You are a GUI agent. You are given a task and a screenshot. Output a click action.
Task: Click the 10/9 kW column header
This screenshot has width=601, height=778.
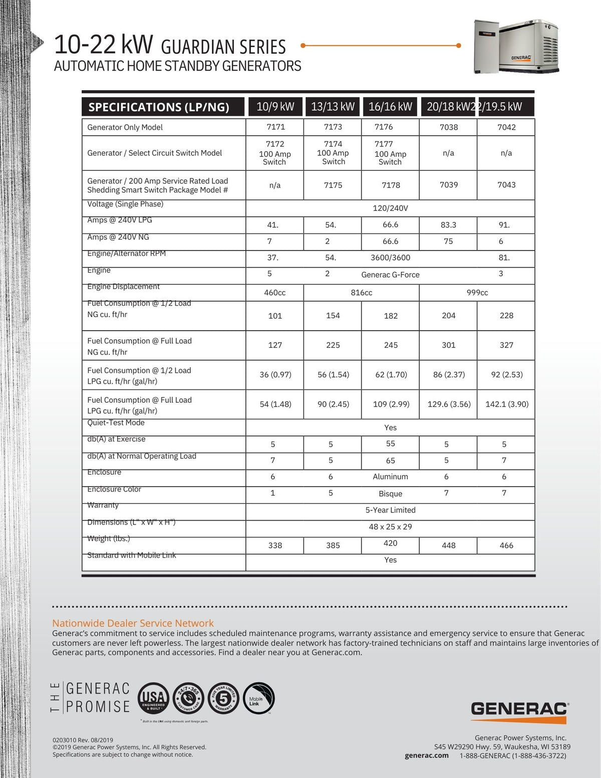coord(275,107)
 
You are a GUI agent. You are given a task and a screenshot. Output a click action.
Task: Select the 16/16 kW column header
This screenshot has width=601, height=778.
coord(390,107)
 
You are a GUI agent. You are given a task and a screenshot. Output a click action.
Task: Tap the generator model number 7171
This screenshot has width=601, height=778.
coord(275,127)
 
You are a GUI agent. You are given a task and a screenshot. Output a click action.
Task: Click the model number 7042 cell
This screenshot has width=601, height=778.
coord(506,127)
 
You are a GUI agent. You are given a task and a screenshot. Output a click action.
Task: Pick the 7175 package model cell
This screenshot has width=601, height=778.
coord(333,185)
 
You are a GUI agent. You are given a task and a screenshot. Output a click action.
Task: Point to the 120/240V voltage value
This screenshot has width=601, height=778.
coord(390,208)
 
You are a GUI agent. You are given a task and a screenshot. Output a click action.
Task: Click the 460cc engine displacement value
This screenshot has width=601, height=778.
coord(274,293)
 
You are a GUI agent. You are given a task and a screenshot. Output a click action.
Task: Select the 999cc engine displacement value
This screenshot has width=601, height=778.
coord(477,293)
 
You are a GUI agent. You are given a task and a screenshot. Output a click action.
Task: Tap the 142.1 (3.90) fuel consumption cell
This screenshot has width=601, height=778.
coord(506,404)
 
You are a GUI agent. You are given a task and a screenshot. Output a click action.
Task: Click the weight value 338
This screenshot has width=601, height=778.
coord(275,546)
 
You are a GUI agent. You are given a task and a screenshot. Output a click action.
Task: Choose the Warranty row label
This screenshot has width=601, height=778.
coord(103,505)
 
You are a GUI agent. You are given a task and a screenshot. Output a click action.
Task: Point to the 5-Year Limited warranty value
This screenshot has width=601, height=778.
coord(390,510)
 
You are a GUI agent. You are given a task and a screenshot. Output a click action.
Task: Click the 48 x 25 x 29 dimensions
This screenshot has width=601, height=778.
coord(390,527)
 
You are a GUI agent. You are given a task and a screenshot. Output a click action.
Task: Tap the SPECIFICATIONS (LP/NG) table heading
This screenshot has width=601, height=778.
coord(159,107)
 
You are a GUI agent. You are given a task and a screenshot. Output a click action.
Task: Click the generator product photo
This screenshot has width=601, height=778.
coord(516,46)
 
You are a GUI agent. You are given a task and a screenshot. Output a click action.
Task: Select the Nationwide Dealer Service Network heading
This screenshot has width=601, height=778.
coord(133,623)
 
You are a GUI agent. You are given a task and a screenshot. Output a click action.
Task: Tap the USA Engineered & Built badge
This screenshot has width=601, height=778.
coord(153,698)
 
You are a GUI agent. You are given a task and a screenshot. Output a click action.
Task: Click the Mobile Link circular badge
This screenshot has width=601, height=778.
coord(258,698)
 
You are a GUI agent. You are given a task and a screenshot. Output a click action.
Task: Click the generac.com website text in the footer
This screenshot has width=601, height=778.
coord(426,755)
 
